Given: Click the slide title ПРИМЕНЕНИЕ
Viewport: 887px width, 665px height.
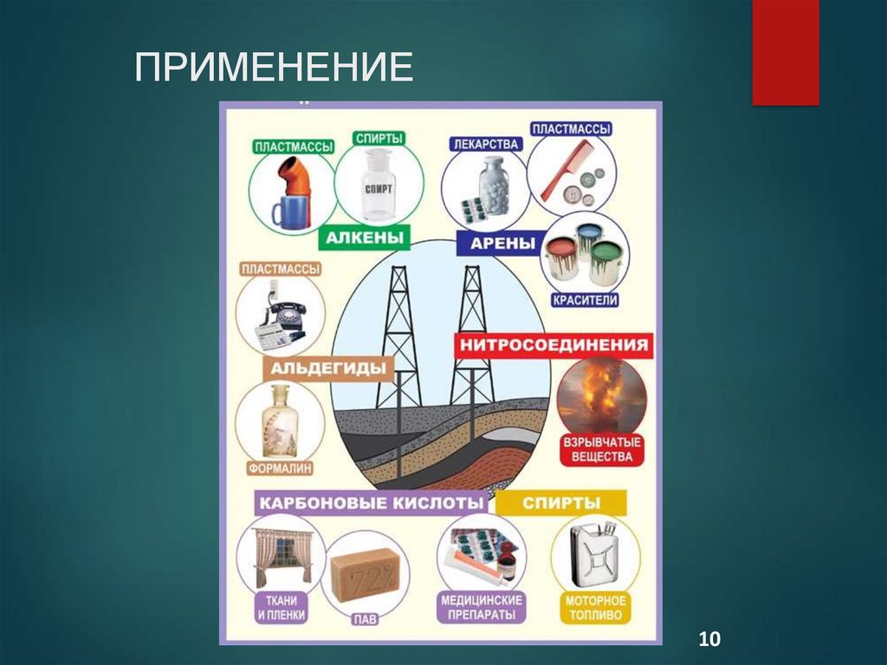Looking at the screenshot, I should pyautogui.click(x=274, y=68).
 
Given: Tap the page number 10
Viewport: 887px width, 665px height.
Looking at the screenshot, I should pyautogui.click(x=709, y=640).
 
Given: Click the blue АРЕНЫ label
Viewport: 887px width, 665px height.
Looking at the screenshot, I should pyautogui.click(x=502, y=243).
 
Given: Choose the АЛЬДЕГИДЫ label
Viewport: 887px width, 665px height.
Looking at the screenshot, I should pyautogui.click(x=328, y=368).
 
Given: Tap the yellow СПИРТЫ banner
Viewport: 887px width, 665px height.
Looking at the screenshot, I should pyautogui.click(x=561, y=502).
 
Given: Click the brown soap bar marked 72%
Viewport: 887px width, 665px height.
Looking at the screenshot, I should pyautogui.click(x=365, y=574).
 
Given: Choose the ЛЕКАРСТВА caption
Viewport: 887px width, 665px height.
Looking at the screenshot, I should pyautogui.click(x=486, y=143).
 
